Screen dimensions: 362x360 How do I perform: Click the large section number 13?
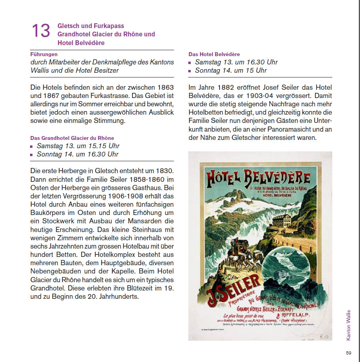point(41,31)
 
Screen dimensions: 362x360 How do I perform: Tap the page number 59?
point(349,353)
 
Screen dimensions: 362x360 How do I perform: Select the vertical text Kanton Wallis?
point(349,325)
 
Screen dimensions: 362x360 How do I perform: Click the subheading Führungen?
point(44,54)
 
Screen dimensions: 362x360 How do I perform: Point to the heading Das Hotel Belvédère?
point(214,54)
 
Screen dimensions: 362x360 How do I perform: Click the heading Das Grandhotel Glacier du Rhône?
point(72,138)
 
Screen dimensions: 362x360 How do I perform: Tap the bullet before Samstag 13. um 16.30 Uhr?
point(190,62)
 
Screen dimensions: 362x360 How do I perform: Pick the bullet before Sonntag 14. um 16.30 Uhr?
point(32,155)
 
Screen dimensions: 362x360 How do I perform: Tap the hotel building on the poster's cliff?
point(284,220)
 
